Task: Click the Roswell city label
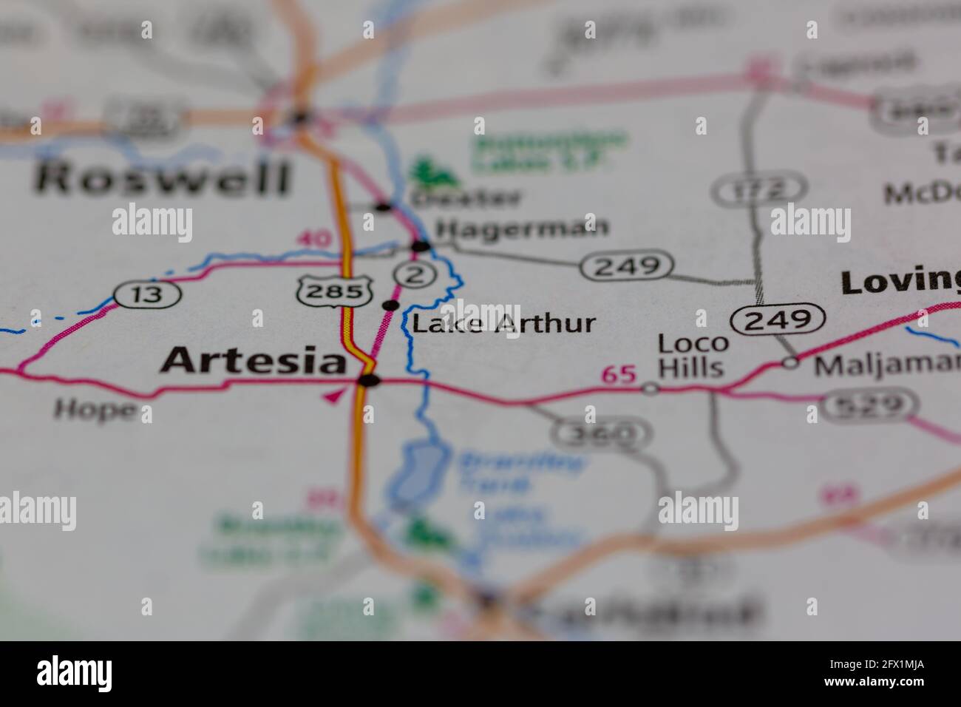(x=163, y=180)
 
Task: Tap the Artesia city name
(x=254, y=361)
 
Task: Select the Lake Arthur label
(x=503, y=323)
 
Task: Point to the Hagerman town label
(x=522, y=227)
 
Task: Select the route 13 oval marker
(x=148, y=294)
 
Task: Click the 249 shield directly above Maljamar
(x=778, y=319)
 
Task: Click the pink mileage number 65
(x=619, y=375)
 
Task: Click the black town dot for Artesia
(x=368, y=381)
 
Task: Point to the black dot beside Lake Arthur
(x=390, y=305)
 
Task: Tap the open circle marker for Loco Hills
(x=650, y=388)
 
